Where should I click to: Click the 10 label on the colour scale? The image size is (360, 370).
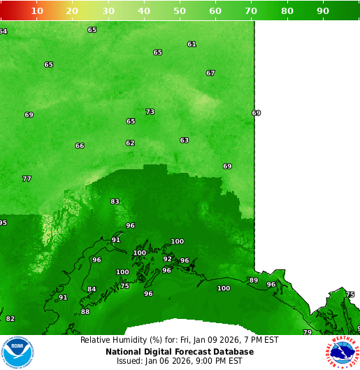click(37, 10)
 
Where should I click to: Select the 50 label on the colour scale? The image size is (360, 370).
click(180, 10)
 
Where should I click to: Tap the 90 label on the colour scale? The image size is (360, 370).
click(322, 10)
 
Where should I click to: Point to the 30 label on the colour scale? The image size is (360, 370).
click(108, 10)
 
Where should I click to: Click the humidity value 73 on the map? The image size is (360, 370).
click(150, 112)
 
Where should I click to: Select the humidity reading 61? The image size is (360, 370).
click(192, 44)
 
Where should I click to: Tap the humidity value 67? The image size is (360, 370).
click(210, 73)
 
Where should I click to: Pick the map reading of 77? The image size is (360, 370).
click(27, 178)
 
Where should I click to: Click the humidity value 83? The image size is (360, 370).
click(115, 201)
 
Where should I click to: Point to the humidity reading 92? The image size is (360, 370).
click(167, 259)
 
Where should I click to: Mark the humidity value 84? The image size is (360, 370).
click(92, 289)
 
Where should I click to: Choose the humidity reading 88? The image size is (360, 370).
click(85, 312)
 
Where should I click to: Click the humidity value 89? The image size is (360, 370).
click(254, 280)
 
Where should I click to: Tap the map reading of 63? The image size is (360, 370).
click(184, 140)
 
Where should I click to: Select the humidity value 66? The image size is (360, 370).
click(80, 145)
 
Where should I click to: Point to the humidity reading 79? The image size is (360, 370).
click(307, 332)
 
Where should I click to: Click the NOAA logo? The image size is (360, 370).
click(17, 352)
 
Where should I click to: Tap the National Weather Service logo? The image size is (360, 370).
click(343, 352)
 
